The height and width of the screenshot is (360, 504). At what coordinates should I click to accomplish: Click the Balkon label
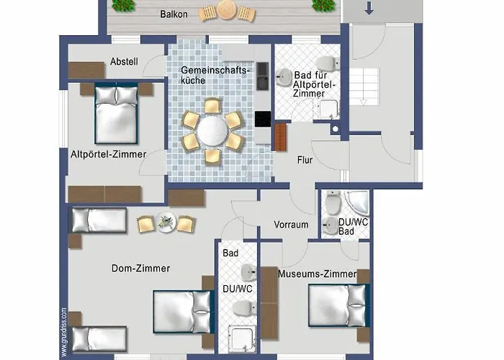tap(174, 14)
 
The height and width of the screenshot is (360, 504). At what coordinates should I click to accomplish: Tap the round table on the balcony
tap(227, 10)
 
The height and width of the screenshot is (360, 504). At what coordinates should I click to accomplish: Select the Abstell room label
tap(124, 61)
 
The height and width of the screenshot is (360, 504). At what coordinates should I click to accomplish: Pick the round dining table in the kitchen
tap(212, 130)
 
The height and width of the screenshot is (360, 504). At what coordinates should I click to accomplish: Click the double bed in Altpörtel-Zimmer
tap(116, 113)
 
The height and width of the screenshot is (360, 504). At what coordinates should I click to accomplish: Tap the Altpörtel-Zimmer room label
tap(109, 154)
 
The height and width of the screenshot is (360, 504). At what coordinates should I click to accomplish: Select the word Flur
tap(305, 160)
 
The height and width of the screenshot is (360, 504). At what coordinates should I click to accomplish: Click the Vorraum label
tap(291, 225)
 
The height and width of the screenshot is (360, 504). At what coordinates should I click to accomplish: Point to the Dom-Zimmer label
tap(141, 268)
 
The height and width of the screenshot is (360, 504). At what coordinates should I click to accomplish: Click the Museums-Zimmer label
tap(318, 274)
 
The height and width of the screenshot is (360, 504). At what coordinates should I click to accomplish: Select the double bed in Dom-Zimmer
tap(184, 312)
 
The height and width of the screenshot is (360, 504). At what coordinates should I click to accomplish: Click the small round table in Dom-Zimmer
tap(166, 222)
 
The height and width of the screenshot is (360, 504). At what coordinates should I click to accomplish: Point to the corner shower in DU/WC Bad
tap(357, 202)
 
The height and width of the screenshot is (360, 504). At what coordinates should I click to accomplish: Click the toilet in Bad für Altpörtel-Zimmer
tap(328, 63)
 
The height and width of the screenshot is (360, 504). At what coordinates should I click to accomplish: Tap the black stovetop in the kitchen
tap(263, 119)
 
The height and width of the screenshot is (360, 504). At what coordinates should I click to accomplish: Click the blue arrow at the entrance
tap(369, 9)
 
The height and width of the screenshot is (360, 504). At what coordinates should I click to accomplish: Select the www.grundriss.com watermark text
tap(64, 333)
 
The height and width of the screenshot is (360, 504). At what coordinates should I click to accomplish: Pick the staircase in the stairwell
tap(364, 87)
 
